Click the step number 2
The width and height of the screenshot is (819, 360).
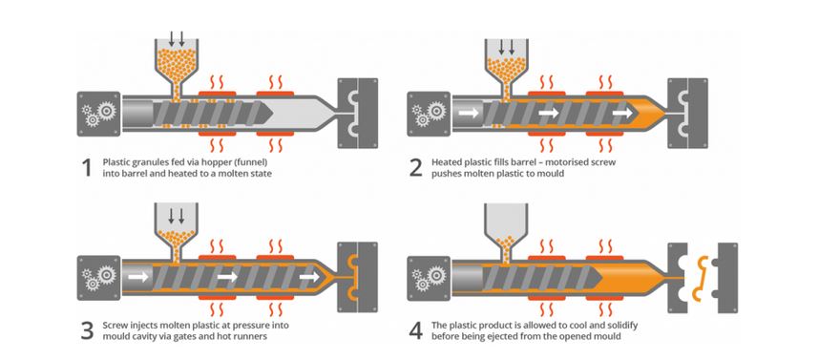pos(414,168)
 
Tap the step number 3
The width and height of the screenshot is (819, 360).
pos(87,331)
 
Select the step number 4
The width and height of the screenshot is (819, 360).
pos(414,331)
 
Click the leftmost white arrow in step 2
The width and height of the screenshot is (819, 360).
pos(469,113)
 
